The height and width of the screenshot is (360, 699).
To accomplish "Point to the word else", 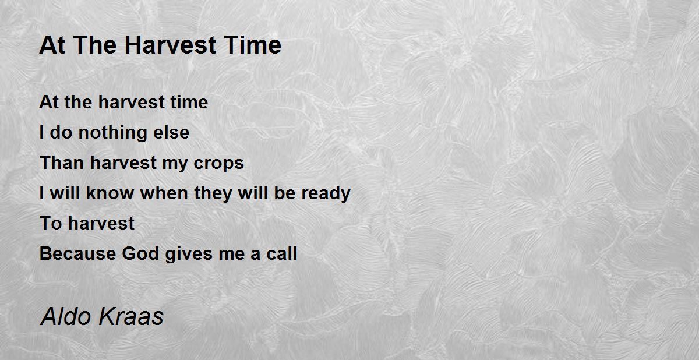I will click(x=171, y=133).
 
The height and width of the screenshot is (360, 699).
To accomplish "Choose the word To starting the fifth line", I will click(x=50, y=224).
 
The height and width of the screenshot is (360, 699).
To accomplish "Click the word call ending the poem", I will click(x=281, y=254).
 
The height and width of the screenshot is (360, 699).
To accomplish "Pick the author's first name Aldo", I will click(x=63, y=316).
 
